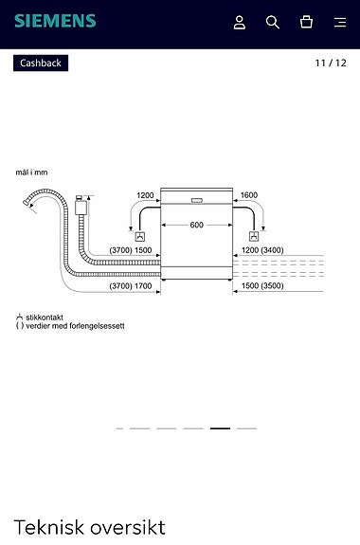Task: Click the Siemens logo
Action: click(x=55, y=21)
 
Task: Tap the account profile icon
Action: click(x=240, y=22)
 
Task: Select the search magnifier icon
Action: click(x=273, y=22)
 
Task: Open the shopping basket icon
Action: click(x=306, y=22)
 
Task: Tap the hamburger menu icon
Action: click(x=340, y=22)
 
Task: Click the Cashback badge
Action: click(x=41, y=64)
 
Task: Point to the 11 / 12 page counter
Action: click(x=331, y=64)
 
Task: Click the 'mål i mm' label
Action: click(x=31, y=173)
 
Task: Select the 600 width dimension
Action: click(x=196, y=225)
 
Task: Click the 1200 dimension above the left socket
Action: click(x=145, y=195)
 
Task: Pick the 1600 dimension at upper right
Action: click(x=248, y=195)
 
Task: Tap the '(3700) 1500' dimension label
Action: click(x=131, y=250)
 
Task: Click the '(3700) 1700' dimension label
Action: click(x=131, y=285)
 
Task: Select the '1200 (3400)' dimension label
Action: click(x=262, y=250)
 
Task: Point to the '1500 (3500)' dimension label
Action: click(x=262, y=285)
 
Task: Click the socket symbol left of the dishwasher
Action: click(x=140, y=236)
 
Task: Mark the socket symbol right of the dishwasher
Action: click(x=252, y=236)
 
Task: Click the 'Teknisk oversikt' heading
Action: click(x=90, y=527)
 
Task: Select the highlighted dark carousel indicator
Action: click(x=220, y=428)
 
